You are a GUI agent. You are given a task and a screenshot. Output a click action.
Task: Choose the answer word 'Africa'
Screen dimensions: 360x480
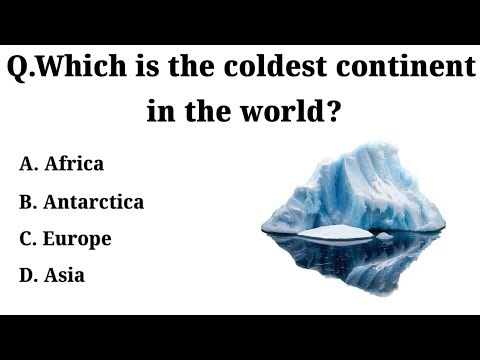74,162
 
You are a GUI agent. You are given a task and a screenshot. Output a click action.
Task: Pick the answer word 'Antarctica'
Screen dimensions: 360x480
94,201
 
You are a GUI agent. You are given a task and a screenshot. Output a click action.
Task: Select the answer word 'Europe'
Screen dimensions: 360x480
78,239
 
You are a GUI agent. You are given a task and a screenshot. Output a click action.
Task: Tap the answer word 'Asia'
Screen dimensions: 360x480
64,275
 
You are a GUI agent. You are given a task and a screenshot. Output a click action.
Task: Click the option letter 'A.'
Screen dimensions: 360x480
28,162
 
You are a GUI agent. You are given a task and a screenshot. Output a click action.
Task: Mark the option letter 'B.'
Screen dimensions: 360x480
28,201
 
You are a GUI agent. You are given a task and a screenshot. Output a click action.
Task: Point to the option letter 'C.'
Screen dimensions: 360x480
28,239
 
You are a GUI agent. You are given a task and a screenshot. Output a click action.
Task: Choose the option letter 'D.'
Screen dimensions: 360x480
28,275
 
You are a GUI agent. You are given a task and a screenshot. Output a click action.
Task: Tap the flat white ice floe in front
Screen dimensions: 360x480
336,233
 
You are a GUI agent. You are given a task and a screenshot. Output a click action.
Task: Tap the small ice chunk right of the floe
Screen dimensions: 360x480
384,235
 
